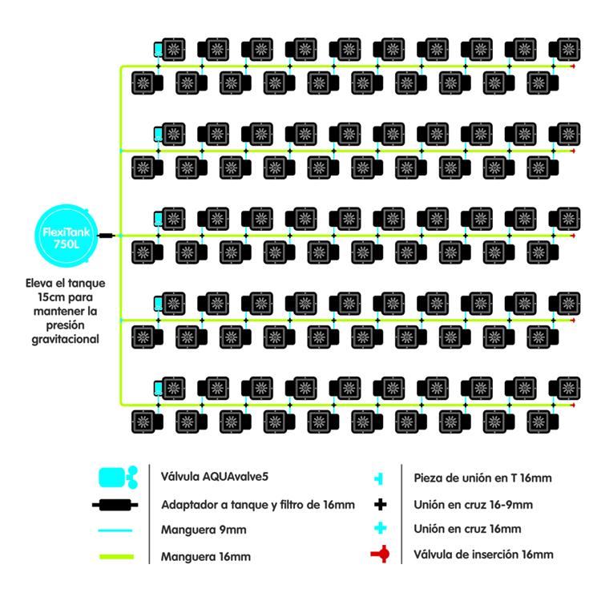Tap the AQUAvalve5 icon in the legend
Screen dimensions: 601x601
(116, 478)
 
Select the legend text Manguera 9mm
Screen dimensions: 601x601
(203, 530)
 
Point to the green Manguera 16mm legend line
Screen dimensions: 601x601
(116, 555)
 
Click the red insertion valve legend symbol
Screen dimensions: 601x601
(380, 554)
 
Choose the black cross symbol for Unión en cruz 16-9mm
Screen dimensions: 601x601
(381, 504)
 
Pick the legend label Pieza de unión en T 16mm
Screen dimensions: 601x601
(482, 478)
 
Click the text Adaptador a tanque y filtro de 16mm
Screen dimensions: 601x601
(257, 505)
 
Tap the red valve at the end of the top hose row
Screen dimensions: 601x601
(573, 67)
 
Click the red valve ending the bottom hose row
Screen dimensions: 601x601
(573, 405)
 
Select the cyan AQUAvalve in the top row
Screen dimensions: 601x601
(159, 49)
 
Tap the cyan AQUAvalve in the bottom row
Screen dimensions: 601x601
(159, 387)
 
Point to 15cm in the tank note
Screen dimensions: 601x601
(38, 297)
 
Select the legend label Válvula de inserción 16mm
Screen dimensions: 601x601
(483, 554)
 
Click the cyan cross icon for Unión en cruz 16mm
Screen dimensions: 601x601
(381, 529)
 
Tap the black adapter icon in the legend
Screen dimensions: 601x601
(116, 505)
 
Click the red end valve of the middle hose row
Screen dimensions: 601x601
(573, 236)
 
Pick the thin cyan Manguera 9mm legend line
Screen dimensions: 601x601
(116, 530)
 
